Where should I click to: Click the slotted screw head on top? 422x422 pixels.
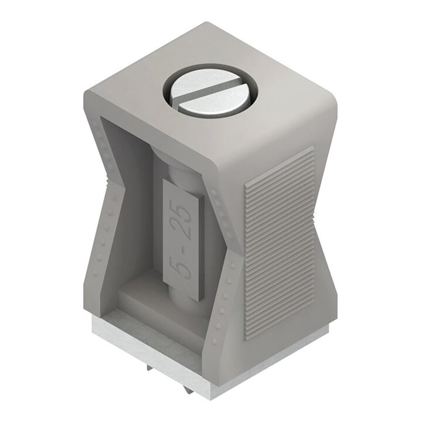[x=212, y=93]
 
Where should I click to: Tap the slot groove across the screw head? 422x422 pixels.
[x=212, y=92]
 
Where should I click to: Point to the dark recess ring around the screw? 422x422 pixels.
[x=212, y=91]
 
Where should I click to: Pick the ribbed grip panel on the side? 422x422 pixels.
[x=279, y=242]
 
